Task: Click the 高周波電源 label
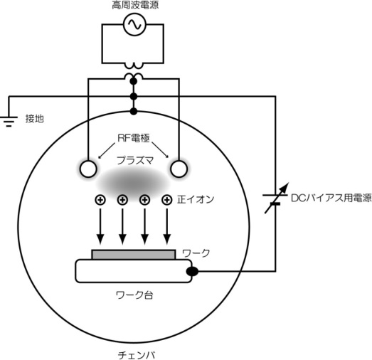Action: point(135,5)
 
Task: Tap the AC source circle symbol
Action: point(134,24)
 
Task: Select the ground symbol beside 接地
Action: point(9,121)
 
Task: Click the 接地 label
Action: point(35,118)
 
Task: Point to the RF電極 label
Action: point(134,138)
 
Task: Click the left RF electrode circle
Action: point(88,169)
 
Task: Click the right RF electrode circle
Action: point(179,169)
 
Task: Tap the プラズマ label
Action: point(135,160)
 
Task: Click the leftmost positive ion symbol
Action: point(100,200)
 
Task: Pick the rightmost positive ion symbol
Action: point(167,200)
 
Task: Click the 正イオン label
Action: point(196,200)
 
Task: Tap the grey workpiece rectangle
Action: point(134,255)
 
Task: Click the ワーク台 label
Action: point(134,295)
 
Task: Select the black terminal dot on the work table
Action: point(192,272)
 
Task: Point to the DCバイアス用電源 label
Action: point(331,198)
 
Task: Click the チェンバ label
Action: point(137,355)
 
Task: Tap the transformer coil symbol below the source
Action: point(134,70)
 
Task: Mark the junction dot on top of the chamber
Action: point(134,111)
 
